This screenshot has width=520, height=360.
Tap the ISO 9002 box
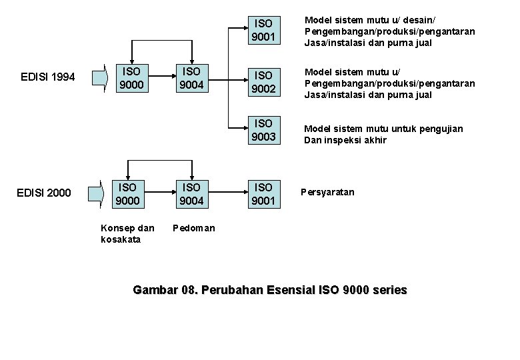tap(263, 81)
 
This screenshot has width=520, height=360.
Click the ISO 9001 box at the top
tap(263, 31)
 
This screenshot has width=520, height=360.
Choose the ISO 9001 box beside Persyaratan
tap(263, 193)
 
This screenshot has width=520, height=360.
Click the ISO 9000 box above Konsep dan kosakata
tap(127, 193)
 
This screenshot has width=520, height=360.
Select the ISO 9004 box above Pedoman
tap(192, 193)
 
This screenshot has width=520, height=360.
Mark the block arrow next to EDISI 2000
tap(98, 193)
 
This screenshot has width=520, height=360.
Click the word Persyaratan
tap(327, 192)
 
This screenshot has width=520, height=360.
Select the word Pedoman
tap(194, 228)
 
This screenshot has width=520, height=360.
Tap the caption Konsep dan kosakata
tap(127, 233)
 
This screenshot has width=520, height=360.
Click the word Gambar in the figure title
tap(155, 290)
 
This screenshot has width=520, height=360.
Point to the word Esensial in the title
tap(291, 290)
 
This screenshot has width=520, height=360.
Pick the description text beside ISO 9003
tap(383, 134)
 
